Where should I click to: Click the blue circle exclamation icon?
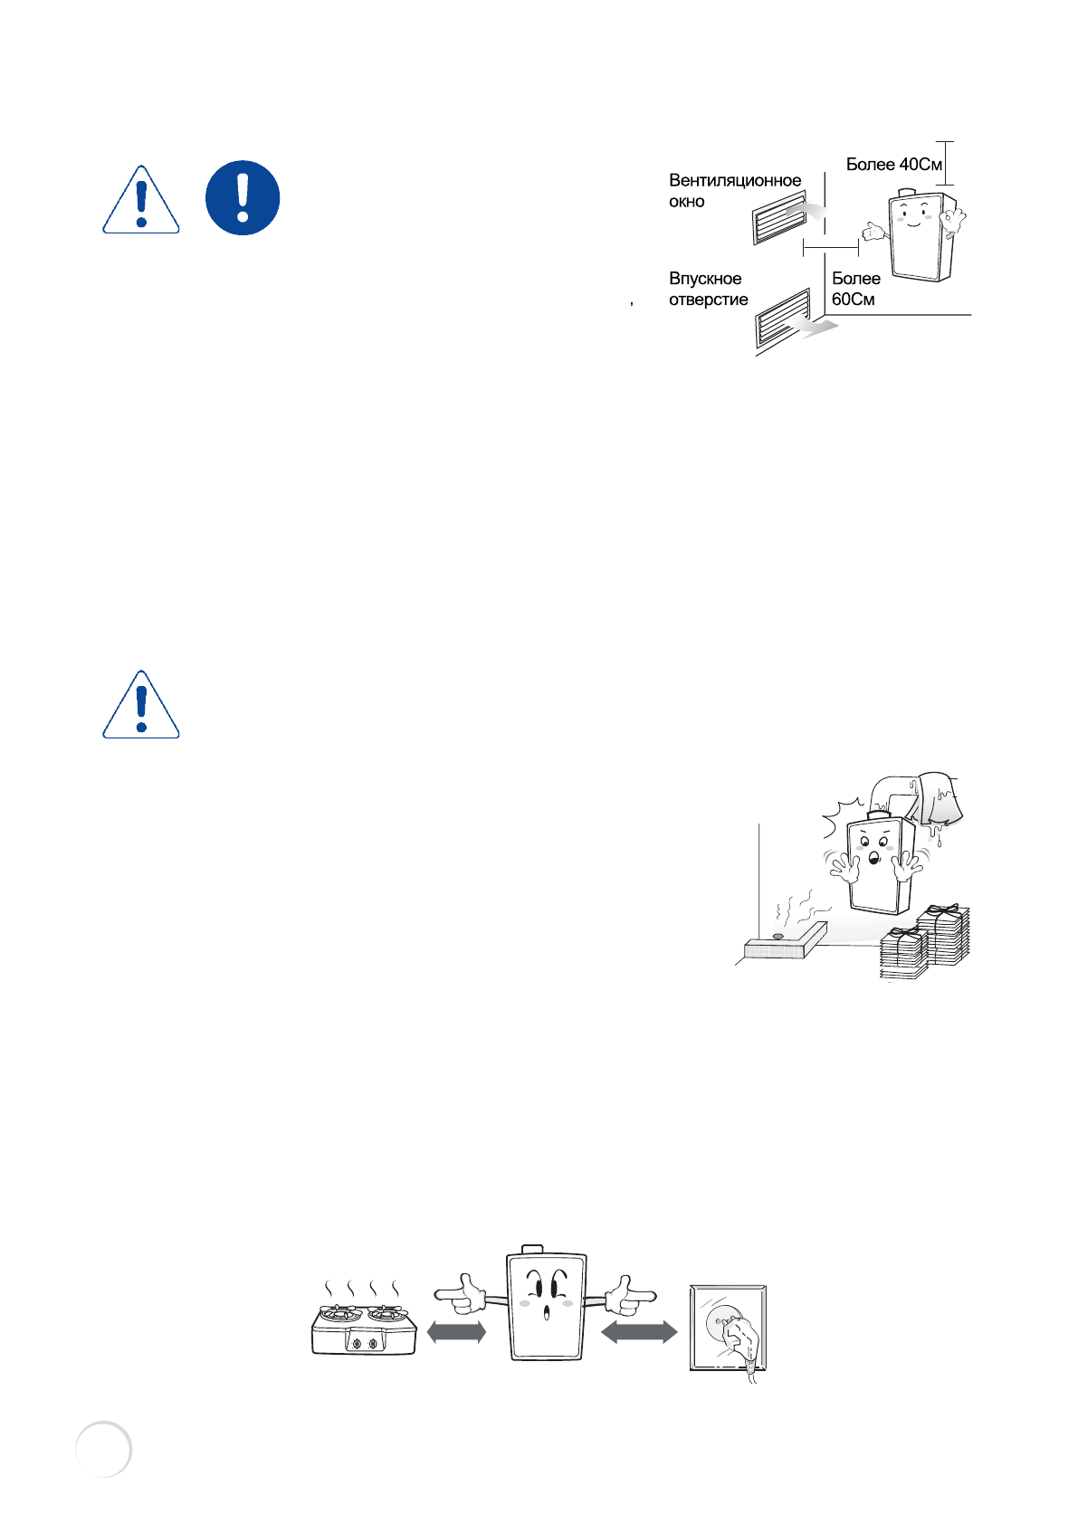(242, 198)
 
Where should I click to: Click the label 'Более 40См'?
(893, 164)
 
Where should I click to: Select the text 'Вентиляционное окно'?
(734, 191)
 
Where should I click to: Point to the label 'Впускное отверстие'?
(708, 289)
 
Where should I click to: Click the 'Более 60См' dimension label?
(855, 289)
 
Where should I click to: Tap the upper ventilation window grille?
(778, 218)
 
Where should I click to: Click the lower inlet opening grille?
(783, 319)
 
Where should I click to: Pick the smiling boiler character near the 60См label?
(921, 233)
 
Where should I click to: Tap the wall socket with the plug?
(729, 1329)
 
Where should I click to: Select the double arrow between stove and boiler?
(456, 1332)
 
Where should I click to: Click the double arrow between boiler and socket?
(639, 1332)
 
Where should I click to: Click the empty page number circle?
(104, 1449)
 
